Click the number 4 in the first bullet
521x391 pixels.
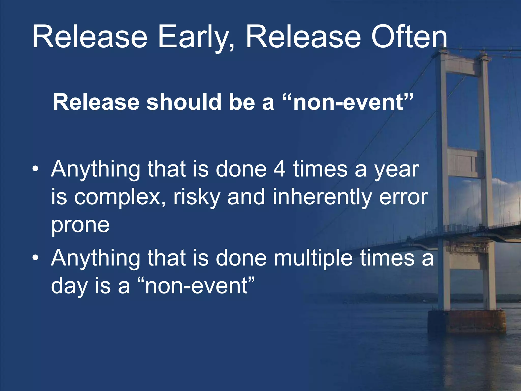click(279, 169)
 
